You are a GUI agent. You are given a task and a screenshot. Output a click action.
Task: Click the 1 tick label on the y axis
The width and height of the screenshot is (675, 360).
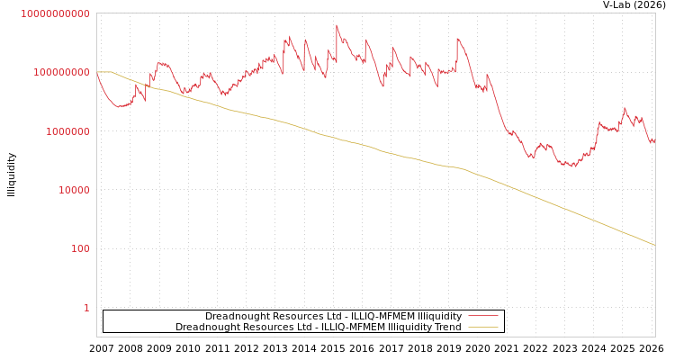86,308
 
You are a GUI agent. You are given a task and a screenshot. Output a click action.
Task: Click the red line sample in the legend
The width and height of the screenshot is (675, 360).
483,317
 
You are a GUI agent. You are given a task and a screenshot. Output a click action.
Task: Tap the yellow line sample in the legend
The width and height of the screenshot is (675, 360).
483,328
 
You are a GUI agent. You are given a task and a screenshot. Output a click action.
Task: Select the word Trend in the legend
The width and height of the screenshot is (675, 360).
447,328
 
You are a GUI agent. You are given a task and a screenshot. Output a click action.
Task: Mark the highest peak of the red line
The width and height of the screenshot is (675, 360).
337,25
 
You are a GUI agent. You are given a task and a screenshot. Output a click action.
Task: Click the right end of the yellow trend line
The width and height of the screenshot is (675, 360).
654,245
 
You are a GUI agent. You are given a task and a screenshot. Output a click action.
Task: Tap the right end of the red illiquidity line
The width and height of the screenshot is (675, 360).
654,142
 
